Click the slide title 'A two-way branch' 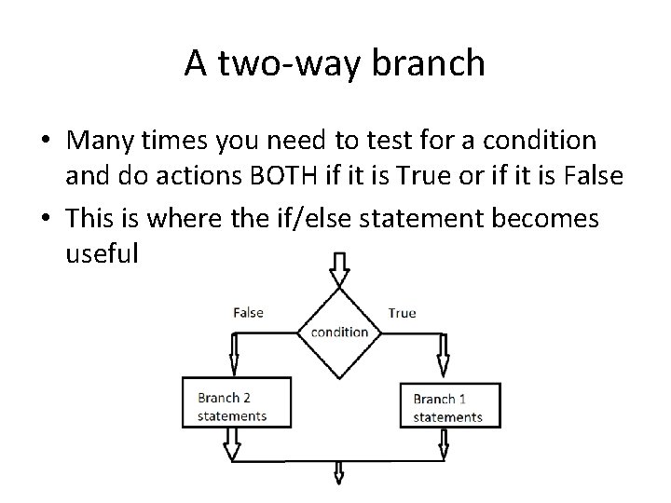point(335,63)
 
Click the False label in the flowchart point(248,313)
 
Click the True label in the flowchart point(402,313)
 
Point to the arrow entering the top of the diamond point(339,270)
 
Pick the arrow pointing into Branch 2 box point(233,356)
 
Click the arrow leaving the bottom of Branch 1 point(444,447)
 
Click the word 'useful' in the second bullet point(102,253)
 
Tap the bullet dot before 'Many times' point(47,142)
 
